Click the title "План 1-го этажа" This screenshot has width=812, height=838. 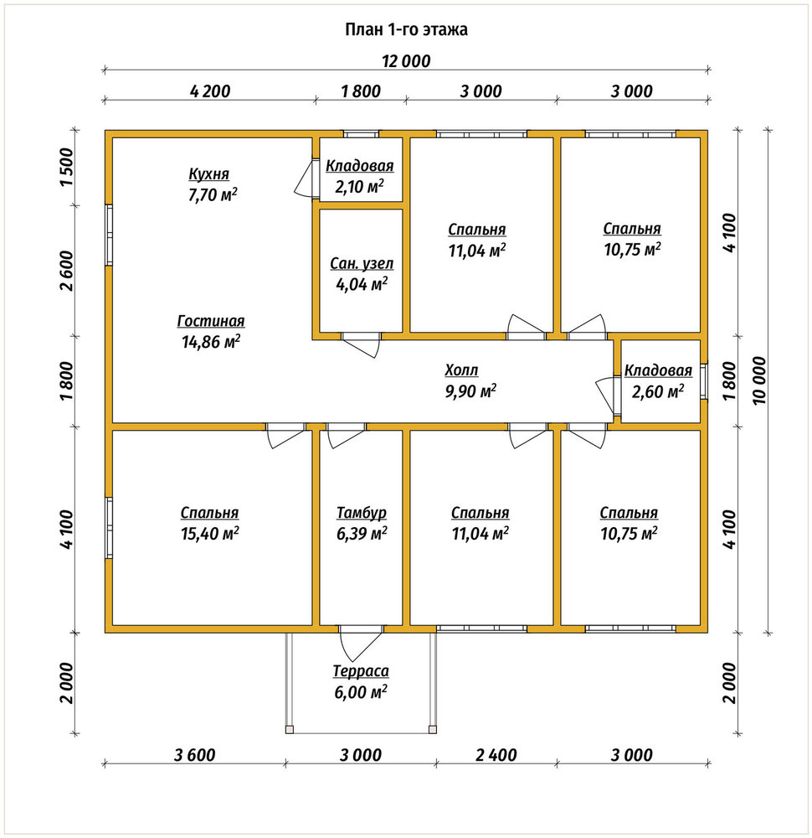click(406, 28)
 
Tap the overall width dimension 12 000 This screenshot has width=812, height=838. click(406, 61)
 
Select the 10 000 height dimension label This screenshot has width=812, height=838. click(759, 380)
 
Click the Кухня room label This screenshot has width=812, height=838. click(208, 174)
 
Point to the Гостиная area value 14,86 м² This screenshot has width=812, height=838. click(211, 341)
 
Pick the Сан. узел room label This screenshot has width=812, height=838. click(362, 263)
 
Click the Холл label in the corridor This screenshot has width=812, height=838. click(461, 370)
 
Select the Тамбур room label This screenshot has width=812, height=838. click(362, 513)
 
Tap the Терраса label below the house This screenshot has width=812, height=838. click(361, 670)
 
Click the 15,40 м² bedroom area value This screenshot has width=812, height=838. click(210, 533)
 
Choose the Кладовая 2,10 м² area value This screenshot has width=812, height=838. click(360, 187)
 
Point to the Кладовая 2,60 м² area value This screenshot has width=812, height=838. click(658, 391)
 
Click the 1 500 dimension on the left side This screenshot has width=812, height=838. click(66, 166)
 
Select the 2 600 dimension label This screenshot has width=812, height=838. click(66, 271)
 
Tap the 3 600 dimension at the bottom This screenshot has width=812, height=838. click(195, 755)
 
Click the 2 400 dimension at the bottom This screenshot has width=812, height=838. click(496, 755)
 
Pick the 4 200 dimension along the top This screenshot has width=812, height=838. click(210, 91)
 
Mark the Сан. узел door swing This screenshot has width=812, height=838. click(361, 344)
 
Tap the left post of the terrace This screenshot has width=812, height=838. click(290, 729)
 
